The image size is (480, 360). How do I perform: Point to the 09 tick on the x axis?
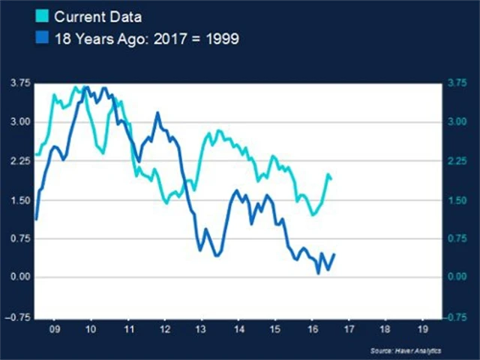[54, 328]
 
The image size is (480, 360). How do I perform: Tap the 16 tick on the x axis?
[311, 328]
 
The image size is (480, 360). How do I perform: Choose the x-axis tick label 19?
[421, 328]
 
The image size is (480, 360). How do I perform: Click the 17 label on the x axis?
[348, 328]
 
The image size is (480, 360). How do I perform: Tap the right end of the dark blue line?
[334, 254]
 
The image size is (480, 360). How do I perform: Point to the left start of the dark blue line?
[36, 219]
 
